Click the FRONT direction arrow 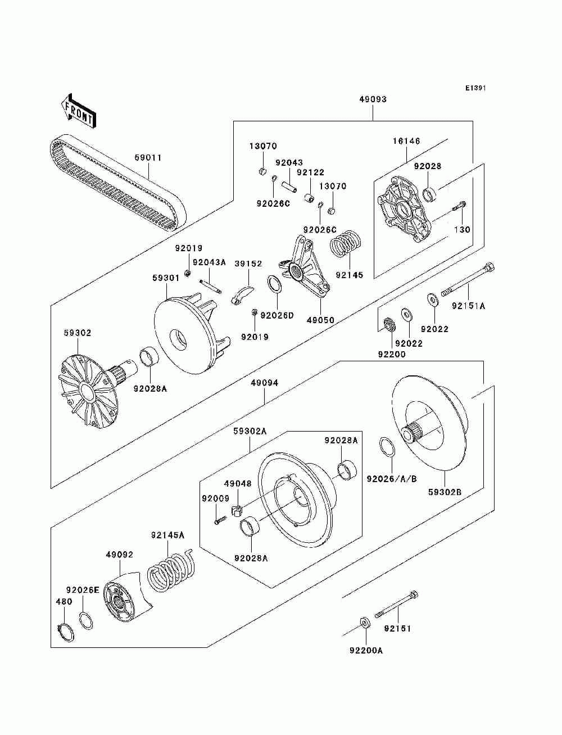tap(79, 111)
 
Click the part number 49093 tap(373, 99)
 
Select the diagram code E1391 tap(475, 88)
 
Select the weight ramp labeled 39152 tap(242, 294)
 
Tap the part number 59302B tap(445, 492)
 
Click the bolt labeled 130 tap(459, 206)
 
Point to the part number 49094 tap(265, 383)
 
